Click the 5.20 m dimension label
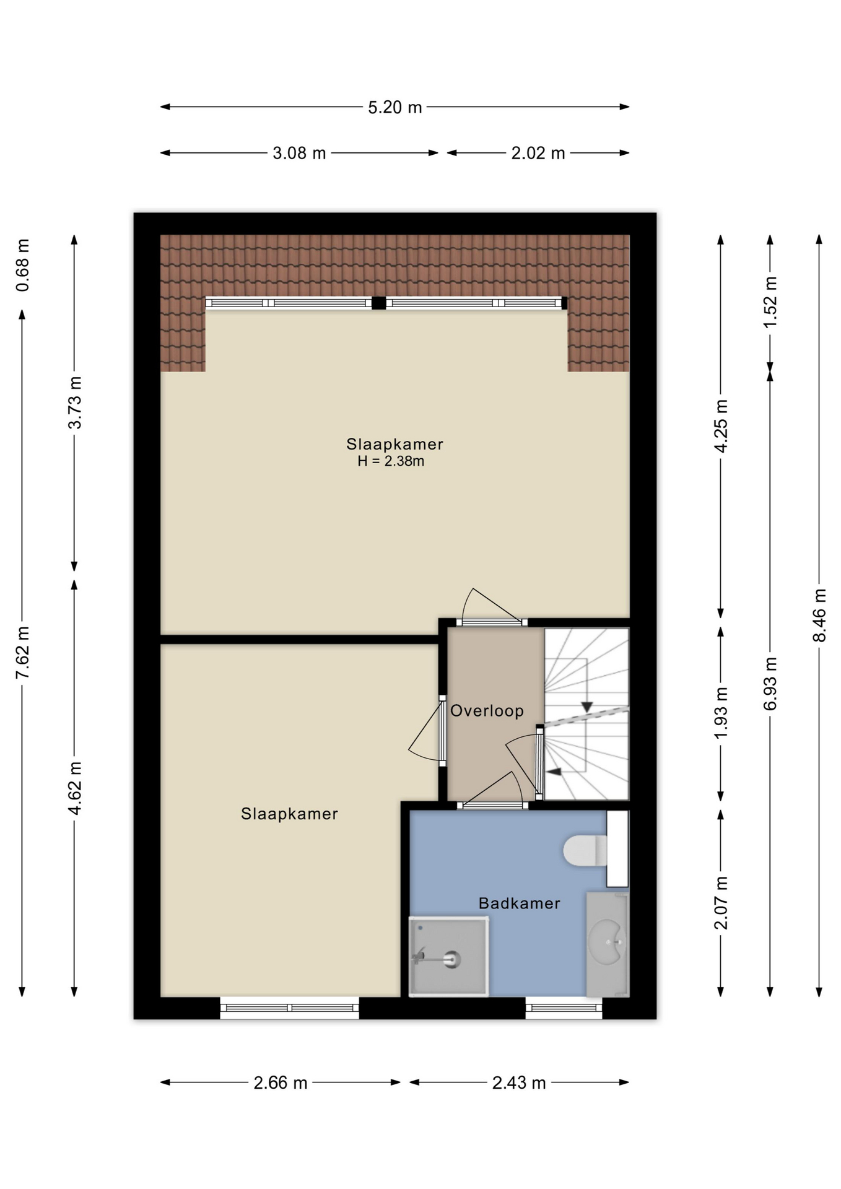pyautogui.click(x=394, y=108)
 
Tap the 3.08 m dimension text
pyautogui.click(x=299, y=154)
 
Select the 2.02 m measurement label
pyautogui.click(x=538, y=154)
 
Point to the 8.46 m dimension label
pyautogui.click(x=819, y=616)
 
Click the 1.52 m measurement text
pyautogui.click(x=770, y=302)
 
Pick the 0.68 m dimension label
pyautogui.click(x=23, y=265)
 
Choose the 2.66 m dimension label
pyautogui.click(x=281, y=1082)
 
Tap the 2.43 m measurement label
pyautogui.click(x=519, y=1082)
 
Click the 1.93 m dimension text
pyautogui.click(x=721, y=713)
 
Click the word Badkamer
pyautogui.click(x=519, y=904)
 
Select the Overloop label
pyautogui.click(x=487, y=711)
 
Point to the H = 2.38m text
pyautogui.click(x=391, y=461)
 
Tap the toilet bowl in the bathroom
pyautogui.click(x=585, y=850)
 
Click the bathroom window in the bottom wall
pyautogui.click(x=564, y=1008)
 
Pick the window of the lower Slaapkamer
pyautogui.click(x=289, y=1008)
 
